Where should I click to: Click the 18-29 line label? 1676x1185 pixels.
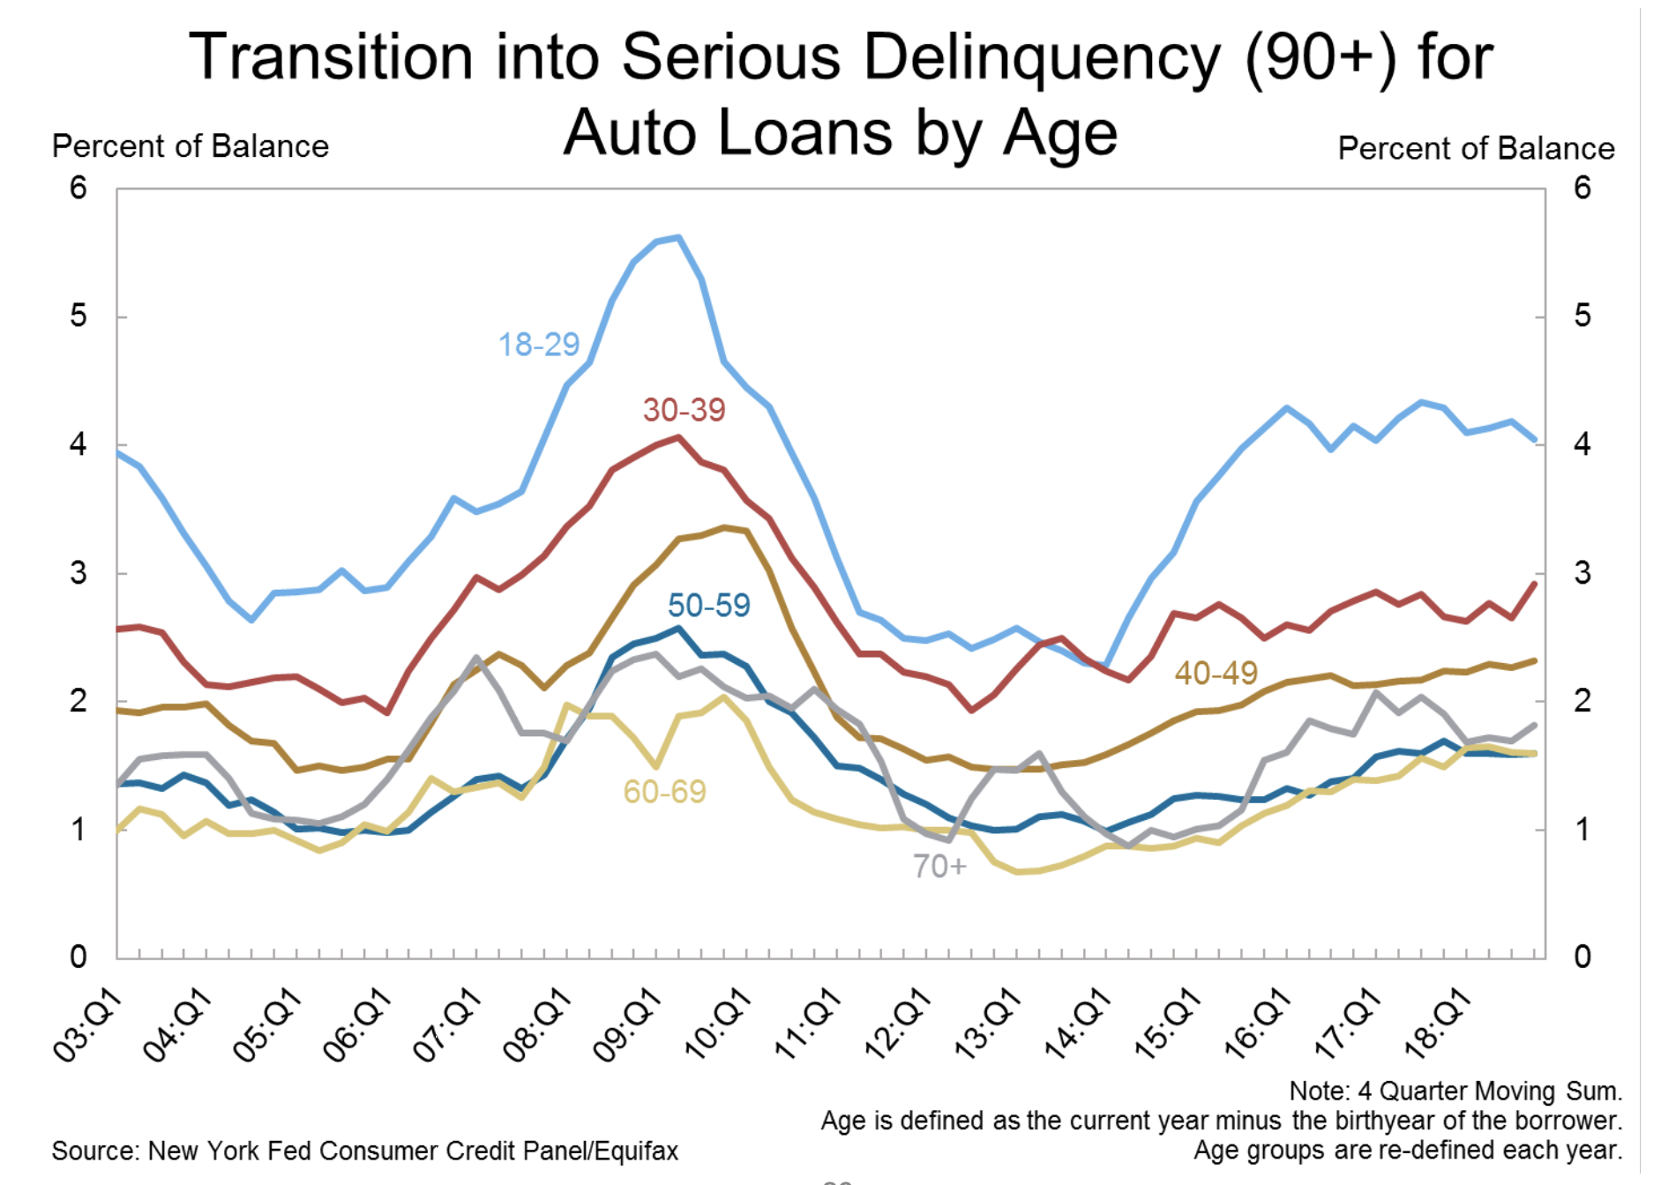coord(539,345)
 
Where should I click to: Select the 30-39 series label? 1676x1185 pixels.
coord(684,410)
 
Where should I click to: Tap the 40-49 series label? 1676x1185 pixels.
coord(1216,674)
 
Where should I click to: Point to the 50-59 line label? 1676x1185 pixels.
coord(708,606)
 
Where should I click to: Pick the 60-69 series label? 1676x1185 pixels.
coord(664,792)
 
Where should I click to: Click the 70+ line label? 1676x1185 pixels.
coord(939,867)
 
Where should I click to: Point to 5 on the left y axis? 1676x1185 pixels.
coord(79,316)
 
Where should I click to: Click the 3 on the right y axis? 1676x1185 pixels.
coord(1582,573)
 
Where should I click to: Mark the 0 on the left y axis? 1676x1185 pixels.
coord(79,957)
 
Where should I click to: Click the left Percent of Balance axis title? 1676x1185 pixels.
coord(191,146)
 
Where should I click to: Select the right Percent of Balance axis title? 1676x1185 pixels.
coord(1476,149)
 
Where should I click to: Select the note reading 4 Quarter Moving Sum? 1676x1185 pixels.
coord(1455,1092)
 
